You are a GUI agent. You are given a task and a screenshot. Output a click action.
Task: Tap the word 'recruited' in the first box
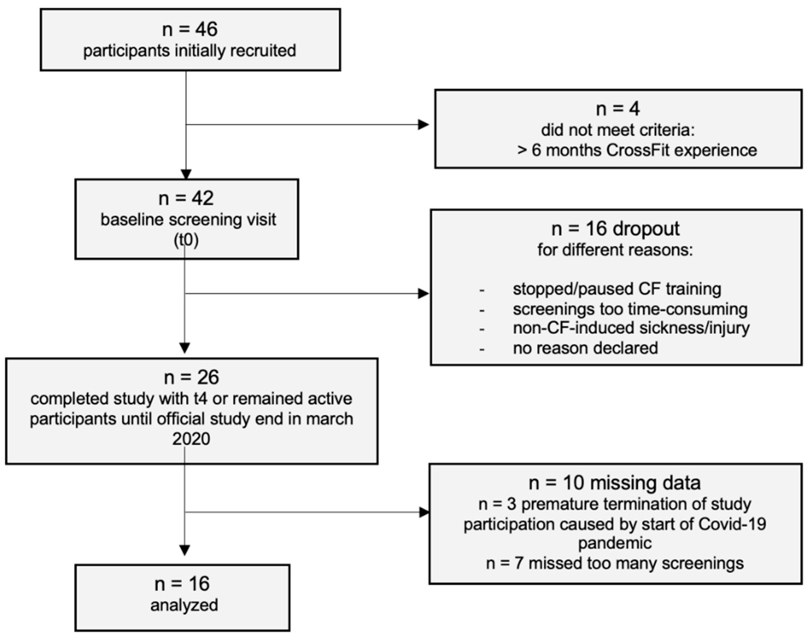tap(263, 51)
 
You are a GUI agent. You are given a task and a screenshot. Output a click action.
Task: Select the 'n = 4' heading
tap(618, 109)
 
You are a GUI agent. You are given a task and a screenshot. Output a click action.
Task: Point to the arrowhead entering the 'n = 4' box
tap(423, 125)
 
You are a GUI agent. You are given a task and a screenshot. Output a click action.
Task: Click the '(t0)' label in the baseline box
tap(186, 240)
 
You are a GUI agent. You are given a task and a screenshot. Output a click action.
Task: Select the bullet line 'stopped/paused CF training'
tap(617, 289)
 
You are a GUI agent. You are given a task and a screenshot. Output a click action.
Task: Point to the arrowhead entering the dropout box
tap(423, 294)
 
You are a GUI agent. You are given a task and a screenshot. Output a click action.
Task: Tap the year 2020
tap(191, 439)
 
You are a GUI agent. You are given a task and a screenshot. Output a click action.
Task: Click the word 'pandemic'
tap(615, 543)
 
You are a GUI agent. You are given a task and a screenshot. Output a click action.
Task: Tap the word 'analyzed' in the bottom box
tap(184, 605)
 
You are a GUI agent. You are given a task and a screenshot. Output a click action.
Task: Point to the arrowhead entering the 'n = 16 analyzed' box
tap(185, 550)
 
